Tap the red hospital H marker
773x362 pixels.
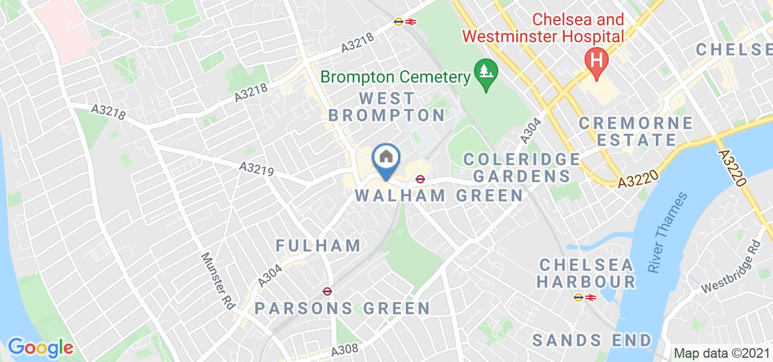click(597, 62)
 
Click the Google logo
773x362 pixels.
click(40, 347)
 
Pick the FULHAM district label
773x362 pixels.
click(318, 246)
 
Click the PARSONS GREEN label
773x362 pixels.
click(342, 308)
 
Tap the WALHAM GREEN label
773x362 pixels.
click(438, 195)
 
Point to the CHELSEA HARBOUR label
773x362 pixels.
click(586, 273)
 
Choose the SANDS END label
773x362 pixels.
click(592, 340)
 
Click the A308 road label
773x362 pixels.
click(345, 351)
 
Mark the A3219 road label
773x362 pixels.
click(257, 168)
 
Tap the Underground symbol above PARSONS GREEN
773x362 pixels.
click(326, 290)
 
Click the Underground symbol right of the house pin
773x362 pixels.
click(420, 179)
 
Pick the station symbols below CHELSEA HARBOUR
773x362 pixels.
click(584, 297)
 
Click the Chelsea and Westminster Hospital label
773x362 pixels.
click(544, 28)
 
